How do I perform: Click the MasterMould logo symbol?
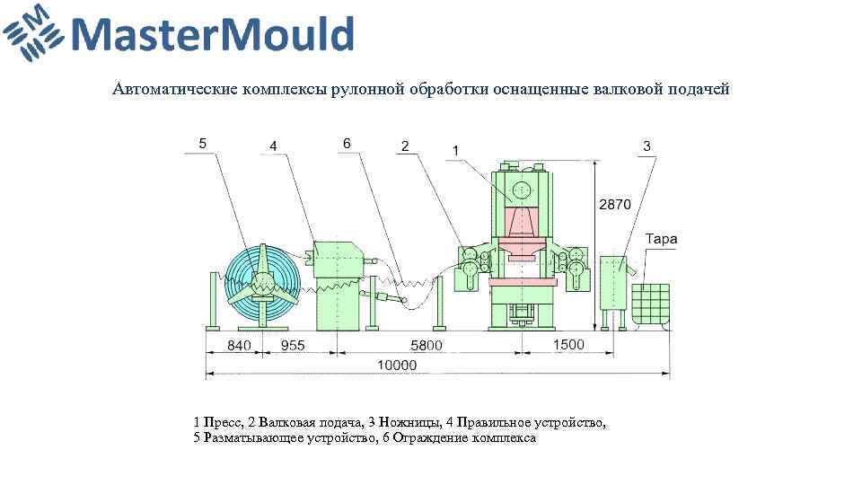click(33, 33)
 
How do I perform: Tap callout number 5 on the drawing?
click(203, 142)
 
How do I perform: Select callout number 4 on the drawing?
click(272, 145)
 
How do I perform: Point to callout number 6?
click(347, 142)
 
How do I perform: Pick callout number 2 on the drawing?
click(405, 145)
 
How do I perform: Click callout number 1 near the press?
click(456, 150)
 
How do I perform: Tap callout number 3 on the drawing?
click(646, 145)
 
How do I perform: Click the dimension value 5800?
click(427, 345)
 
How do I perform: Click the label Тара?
click(661, 239)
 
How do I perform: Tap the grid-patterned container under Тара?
click(650, 304)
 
